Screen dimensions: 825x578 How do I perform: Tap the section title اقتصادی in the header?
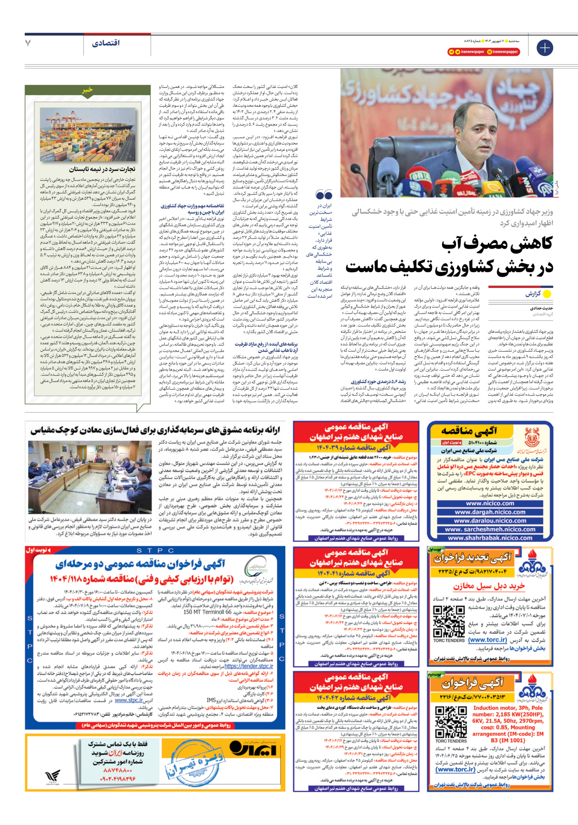[106, 43]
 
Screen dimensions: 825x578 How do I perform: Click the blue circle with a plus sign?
[544, 48]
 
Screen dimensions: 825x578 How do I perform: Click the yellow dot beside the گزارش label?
[547, 294]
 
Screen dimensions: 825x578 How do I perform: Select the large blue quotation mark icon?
[324, 195]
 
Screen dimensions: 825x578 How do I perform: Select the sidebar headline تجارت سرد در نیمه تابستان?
[102, 169]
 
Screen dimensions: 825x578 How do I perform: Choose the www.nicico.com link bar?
[490, 503]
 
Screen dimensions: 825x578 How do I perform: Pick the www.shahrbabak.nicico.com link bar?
[490, 538]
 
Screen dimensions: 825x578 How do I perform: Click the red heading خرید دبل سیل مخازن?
[489, 586]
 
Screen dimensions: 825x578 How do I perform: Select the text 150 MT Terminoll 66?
[208, 612]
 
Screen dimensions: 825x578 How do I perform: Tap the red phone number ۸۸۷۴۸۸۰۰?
[118, 770]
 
